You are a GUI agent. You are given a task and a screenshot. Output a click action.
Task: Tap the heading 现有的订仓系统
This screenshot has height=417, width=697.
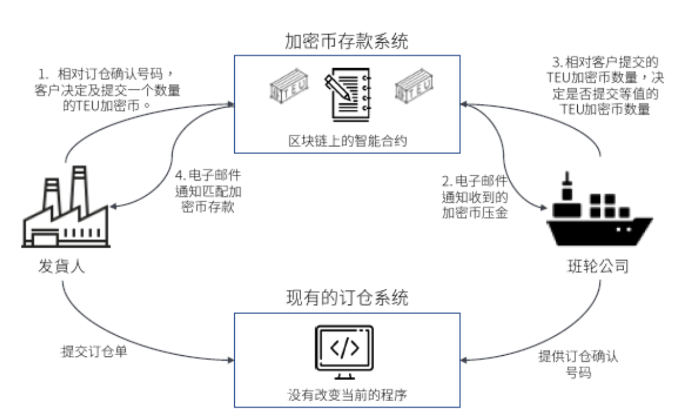coord(347,298)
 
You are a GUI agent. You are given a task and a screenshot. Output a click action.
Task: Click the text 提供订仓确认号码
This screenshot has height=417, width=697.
coord(578,364)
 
